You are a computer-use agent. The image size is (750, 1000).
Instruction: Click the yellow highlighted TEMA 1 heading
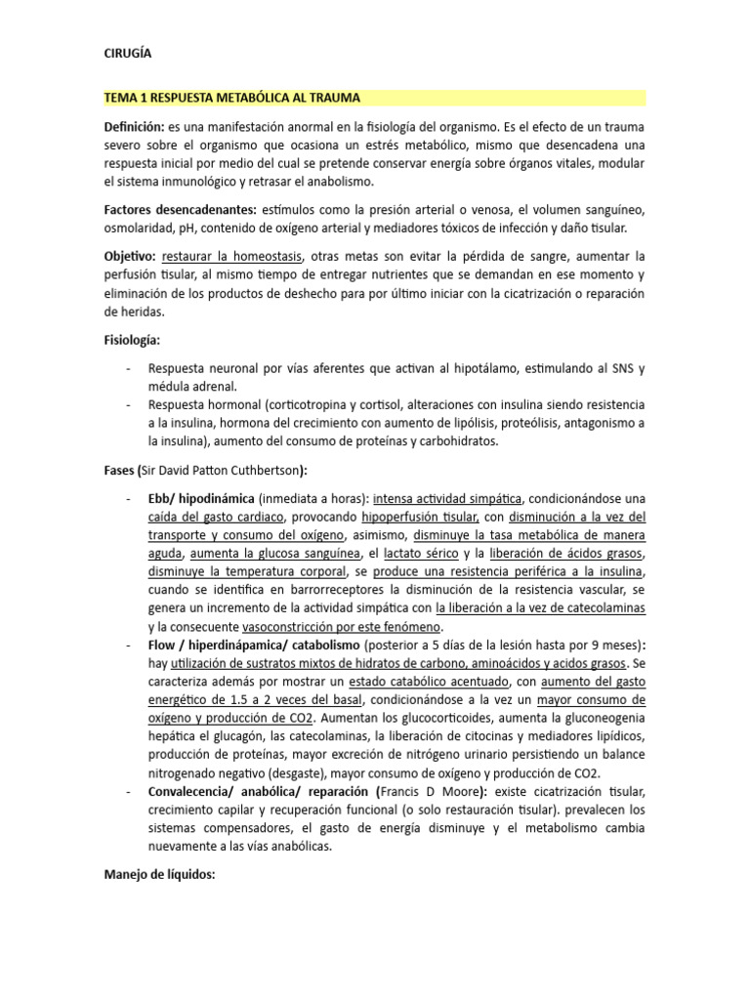pyautogui.click(x=232, y=98)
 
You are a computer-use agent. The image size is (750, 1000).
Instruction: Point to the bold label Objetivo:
pyautogui.click(x=130, y=256)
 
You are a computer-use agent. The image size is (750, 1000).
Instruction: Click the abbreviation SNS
pyautogui.click(x=622, y=369)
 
